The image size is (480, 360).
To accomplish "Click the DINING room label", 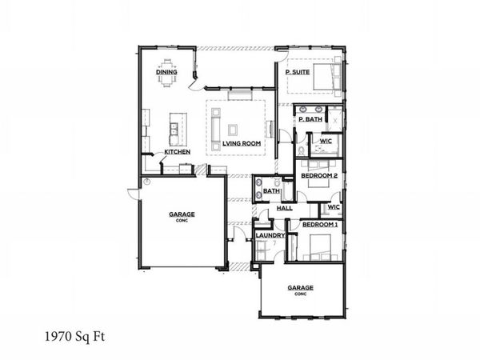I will (x=166, y=74).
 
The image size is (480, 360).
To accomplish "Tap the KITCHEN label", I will (x=177, y=151).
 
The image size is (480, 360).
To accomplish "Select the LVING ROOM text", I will (x=242, y=143).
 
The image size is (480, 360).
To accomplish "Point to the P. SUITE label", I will (x=298, y=72).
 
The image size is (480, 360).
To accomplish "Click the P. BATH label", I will (x=310, y=119).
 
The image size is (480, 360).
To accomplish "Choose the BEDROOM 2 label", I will (x=318, y=174).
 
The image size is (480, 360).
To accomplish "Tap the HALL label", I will (x=284, y=208).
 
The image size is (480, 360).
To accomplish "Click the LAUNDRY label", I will (x=270, y=235).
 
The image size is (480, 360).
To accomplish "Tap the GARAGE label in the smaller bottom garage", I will (x=301, y=287).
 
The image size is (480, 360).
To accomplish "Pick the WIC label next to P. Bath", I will (x=326, y=141).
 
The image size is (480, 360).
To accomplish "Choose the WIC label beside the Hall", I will (x=334, y=207).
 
